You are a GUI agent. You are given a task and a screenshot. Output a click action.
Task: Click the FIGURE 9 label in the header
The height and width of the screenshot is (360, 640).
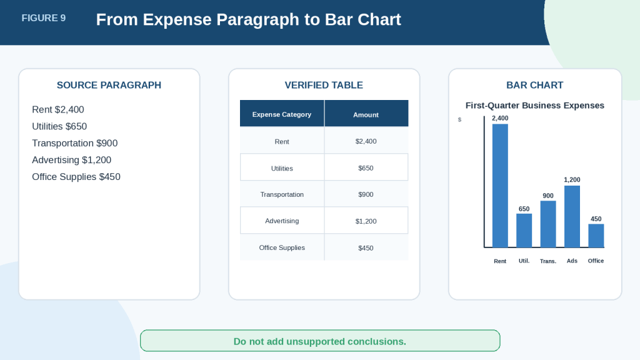[44, 18]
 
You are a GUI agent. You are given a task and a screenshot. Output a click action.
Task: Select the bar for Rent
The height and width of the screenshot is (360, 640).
[500, 186]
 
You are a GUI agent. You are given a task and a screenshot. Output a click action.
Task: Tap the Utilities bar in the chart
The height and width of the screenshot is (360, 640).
[524, 231]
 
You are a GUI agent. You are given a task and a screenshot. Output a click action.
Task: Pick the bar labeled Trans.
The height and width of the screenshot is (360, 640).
[548, 224]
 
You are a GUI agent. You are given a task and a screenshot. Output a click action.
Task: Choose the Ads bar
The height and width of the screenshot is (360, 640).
[572, 217]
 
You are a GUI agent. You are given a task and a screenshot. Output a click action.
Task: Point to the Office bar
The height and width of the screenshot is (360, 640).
[596, 236]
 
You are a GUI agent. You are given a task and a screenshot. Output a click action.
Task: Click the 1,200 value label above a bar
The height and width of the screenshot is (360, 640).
[572, 179]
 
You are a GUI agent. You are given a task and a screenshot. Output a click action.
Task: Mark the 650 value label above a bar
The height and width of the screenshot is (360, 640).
[524, 209]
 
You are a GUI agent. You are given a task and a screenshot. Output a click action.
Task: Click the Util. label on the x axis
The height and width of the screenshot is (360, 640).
[524, 261]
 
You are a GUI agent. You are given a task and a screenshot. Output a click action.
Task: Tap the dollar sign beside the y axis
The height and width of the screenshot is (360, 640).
[459, 119]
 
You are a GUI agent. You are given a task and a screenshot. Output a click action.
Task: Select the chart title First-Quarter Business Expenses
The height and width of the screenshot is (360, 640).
[535, 105]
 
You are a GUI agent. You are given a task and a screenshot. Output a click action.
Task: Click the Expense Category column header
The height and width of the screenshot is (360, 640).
[282, 114]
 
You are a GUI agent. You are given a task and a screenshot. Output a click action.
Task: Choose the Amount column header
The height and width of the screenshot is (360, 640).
[366, 115]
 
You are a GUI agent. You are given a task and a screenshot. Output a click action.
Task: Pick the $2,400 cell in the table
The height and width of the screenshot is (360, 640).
[366, 141]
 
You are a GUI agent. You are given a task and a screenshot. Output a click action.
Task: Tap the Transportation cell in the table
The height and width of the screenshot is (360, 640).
[282, 194]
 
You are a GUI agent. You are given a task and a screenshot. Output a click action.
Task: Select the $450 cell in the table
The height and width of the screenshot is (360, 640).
[366, 247]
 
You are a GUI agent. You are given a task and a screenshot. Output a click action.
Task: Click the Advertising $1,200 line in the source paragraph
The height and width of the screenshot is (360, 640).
[72, 160]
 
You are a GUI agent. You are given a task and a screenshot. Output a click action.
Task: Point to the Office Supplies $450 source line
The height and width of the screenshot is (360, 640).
[76, 177]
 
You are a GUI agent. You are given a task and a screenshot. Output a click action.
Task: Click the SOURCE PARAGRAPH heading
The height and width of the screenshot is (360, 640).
[109, 85]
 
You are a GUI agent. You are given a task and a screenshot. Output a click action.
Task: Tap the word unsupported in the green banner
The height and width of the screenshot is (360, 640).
[315, 341]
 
